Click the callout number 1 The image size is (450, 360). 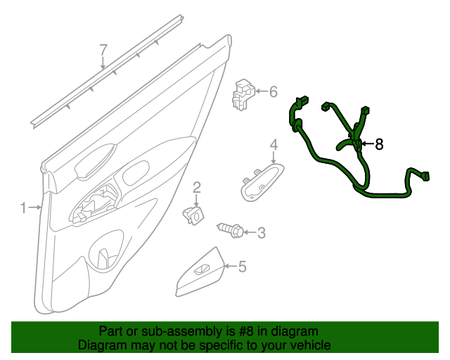coord(23,207)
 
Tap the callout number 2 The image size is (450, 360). coord(197,186)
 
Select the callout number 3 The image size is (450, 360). coord(261,233)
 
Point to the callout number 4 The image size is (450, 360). coord(274,145)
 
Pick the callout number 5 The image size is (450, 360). coord(242,266)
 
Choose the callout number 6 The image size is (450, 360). coord(273,91)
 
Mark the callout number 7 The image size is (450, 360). coord(103,50)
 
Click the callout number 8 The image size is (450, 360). coord(379,144)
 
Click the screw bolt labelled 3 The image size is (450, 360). coord(231,229)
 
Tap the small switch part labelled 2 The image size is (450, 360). coord(194,213)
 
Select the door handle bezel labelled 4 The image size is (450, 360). coord(262,182)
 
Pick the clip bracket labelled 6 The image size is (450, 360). coord(243,94)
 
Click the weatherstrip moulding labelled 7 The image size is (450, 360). coord(105,77)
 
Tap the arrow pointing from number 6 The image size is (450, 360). coord(260,91)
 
